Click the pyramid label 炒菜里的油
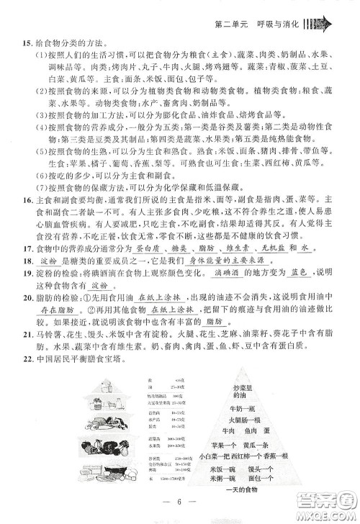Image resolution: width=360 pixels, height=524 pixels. click(x=244, y=393)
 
